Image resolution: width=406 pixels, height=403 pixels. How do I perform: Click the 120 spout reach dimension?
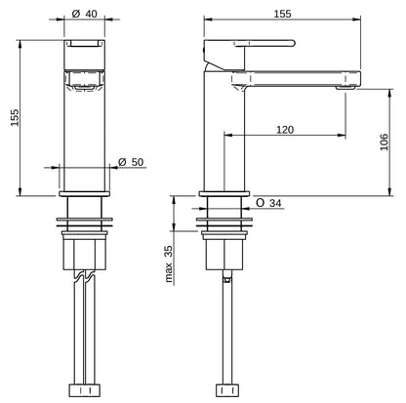(x=285, y=129)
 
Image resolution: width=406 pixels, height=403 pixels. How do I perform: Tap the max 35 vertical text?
(x=168, y=264)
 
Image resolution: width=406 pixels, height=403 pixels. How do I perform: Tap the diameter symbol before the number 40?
(x=75, y=15)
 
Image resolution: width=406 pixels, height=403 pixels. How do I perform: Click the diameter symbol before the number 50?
(x=121, y=161)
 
